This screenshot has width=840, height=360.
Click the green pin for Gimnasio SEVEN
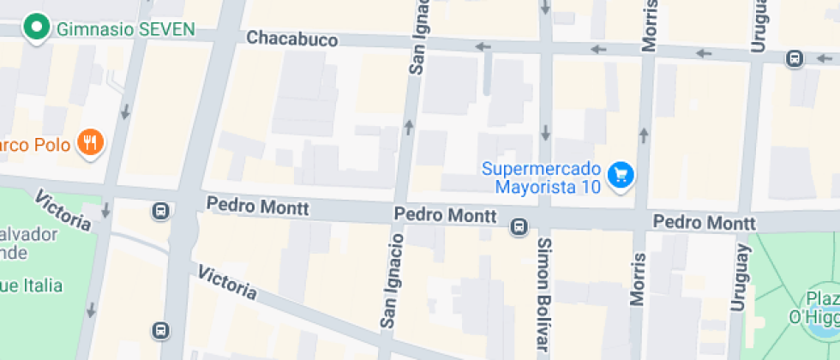[x=37, y=27]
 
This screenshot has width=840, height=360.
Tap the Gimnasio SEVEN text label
[x=125, y=29]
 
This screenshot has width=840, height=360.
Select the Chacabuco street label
[x=291, y=39]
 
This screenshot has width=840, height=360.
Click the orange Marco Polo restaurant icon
[x=90, y=141]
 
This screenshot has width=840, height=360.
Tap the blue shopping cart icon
[x=621, y=176]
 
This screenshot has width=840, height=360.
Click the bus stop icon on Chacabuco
[x=795, y=58]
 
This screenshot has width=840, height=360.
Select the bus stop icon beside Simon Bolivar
[x=519, y=227]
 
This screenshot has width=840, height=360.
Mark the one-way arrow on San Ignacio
[x=409, y=128]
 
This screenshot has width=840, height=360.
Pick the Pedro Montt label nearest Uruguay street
[x=692, y=222]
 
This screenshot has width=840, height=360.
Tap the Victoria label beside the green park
[x=63, y=210]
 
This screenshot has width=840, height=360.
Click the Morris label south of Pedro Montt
[x=638, y=279]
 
